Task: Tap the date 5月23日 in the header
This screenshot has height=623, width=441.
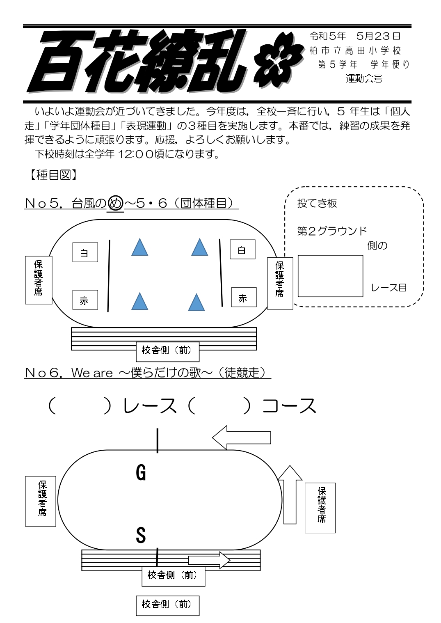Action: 378,37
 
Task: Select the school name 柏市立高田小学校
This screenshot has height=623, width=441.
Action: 355,50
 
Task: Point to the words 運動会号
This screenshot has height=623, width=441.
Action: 364,78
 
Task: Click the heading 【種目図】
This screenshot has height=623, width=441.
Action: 51,175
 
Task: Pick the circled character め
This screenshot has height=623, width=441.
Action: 115,203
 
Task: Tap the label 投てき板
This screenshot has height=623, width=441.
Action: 317,203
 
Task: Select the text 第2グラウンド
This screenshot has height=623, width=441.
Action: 331,231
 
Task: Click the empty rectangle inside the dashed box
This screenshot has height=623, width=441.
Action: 330,276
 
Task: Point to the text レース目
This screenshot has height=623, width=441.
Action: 388,287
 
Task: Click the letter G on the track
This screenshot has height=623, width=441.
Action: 141,472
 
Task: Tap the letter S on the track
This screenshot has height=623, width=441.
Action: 141,535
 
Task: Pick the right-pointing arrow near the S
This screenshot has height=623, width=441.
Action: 209,560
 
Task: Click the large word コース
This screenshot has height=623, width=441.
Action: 289,406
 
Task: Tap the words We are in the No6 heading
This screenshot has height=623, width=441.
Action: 92,373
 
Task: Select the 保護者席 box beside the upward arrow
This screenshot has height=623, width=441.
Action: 320,508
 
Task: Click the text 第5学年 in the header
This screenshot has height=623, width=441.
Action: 338,64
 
